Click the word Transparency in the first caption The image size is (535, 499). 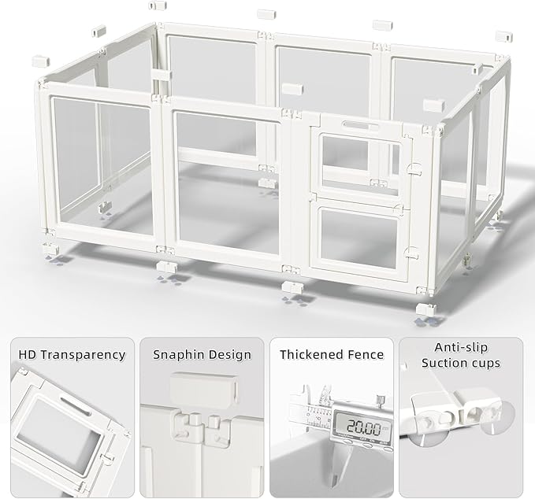click(84, 355)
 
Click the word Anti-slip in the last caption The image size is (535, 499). click(459, 347)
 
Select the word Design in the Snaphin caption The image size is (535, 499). click(230, 355)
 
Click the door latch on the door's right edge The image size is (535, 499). click(411, 168)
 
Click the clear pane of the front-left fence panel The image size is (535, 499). click(102, 165)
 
